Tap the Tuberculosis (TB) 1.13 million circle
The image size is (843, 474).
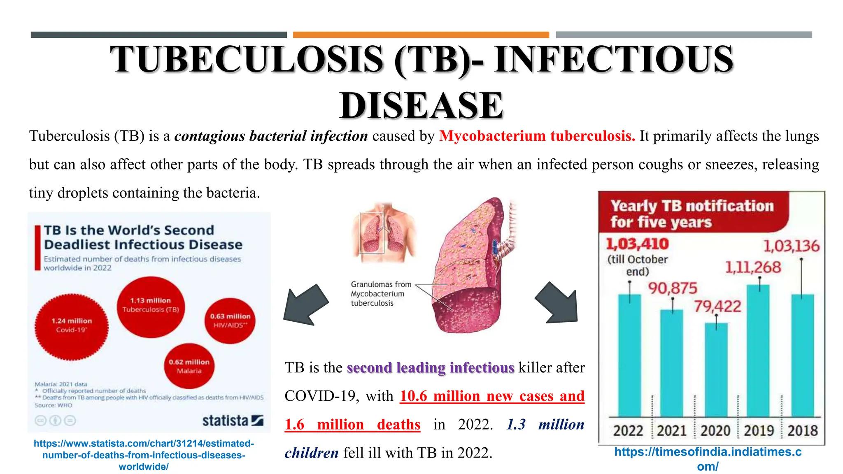click(x=151, y=307)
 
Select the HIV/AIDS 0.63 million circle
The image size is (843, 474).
click(x=230, y=321)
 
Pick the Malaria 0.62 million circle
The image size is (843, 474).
click(x=189, y=366)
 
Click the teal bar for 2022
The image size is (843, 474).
click(x=629, y=356)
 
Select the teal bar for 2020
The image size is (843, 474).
click(x=716, y=370)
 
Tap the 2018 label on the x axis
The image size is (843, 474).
click(x=802, y=430)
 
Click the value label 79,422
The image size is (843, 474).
click(x=717, y=306)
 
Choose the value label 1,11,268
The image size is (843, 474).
click(x=753, y=267)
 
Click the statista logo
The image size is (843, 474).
click(x=233, y=421)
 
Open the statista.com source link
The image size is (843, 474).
click(x=144, y=455)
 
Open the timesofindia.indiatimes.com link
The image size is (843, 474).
click(x=708, y=459)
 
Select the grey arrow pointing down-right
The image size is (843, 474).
click(x=558, y=302)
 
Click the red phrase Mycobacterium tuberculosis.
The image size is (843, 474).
click(x=537, y=136)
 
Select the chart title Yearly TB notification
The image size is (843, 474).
click(x=692, y=213)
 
